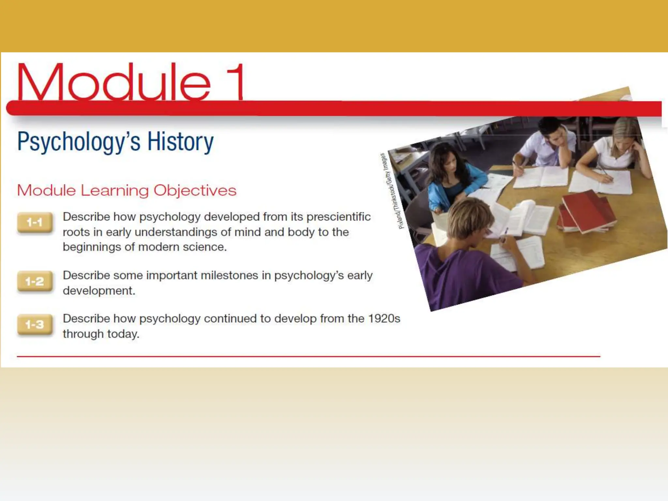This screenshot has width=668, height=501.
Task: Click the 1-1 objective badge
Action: (35, 222)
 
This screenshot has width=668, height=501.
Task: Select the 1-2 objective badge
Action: (35, 281)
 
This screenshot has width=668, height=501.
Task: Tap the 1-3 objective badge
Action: (35, 324)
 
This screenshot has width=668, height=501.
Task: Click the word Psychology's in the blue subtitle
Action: (79, 142)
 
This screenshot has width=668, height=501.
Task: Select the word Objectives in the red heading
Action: (195, 190)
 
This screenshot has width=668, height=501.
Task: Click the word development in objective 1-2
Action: (99, 291)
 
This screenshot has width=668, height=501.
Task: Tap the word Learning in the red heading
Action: (114, 190)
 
